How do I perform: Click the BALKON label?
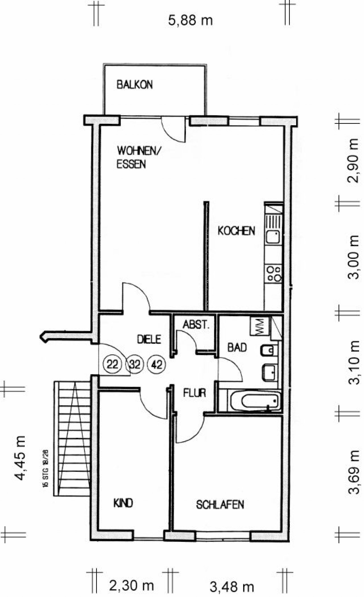(135, 85)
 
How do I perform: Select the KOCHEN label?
(236, 231)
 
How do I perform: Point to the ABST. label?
(196, 325)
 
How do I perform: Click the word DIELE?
(149, 339)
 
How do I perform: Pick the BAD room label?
(237, 347)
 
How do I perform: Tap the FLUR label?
(195, 393)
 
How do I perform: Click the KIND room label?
(123, 503)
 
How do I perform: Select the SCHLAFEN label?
(220, 505)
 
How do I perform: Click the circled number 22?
(113, 364)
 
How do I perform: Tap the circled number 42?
(157, 364)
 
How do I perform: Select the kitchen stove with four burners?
(273, 274)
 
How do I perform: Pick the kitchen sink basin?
(272, 237)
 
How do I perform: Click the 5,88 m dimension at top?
(190, 21)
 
